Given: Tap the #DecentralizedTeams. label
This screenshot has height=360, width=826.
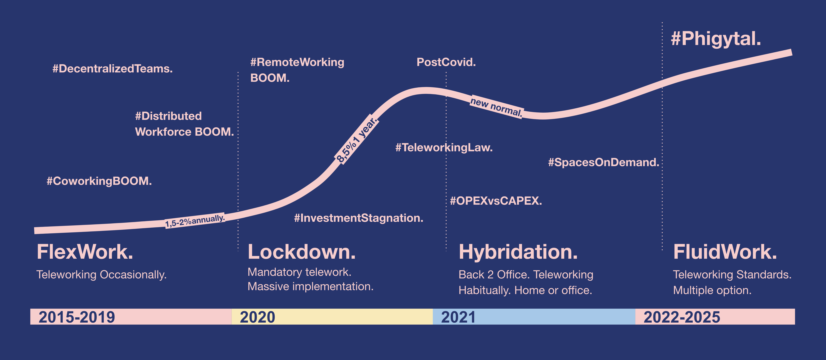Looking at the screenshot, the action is (113, 69).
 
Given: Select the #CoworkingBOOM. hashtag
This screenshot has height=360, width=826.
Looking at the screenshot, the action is (99, 181).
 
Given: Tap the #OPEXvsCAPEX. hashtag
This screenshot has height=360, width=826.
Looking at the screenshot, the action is (496, 201).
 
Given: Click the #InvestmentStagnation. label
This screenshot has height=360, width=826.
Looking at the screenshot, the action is (358, 218).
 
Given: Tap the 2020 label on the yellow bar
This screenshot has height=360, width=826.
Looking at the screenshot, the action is (257, 317).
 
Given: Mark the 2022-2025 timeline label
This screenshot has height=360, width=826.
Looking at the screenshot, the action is (682, 317).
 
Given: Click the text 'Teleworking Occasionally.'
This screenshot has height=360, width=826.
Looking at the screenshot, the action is (101, 275).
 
